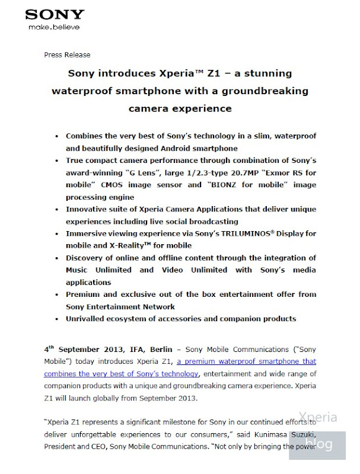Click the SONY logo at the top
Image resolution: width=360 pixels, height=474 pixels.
coord(55,14)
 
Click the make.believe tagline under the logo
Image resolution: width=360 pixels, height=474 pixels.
coord(53,27)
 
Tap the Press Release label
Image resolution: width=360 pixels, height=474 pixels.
coord(68,55)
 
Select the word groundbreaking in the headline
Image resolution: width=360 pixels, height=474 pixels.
coord(261,91)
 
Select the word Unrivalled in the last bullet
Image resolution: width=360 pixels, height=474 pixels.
coord(88,319)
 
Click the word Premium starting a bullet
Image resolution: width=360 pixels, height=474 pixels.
coord(84,294)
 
